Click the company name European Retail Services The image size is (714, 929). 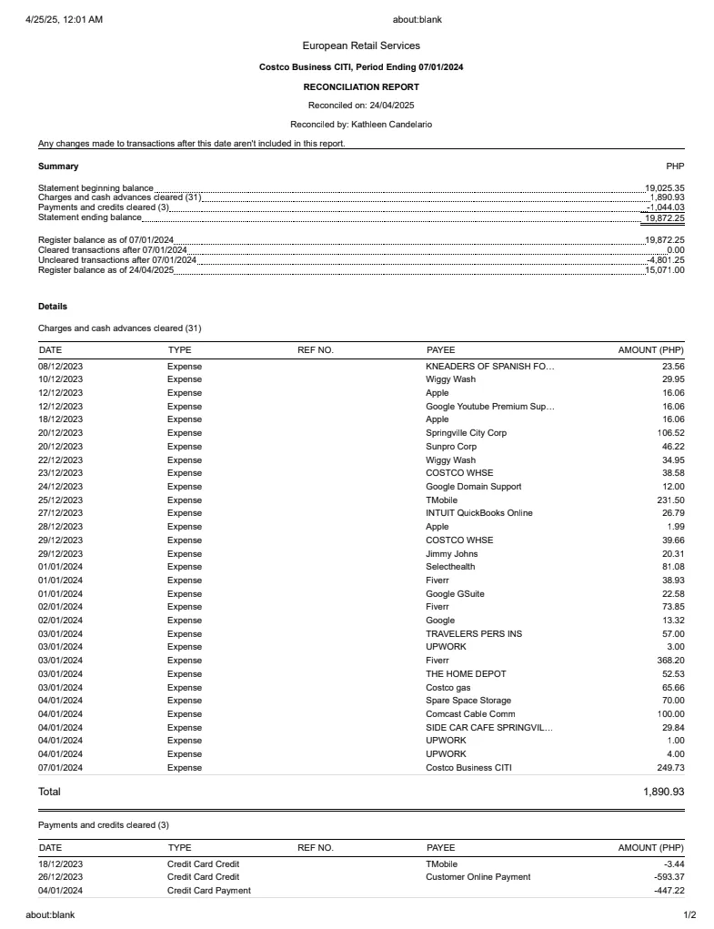pos(361,45)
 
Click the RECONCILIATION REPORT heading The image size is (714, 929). pos(361,87)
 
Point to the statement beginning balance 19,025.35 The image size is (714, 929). pos(664,188)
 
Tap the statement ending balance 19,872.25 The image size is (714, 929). pos(664,217)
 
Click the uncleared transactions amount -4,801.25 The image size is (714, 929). pos(665,260)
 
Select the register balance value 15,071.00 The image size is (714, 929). pos(665,270)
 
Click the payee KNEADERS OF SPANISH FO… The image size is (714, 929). pos(489,366)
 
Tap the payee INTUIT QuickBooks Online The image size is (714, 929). pos(479,513)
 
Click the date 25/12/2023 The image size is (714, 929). pos(60,500)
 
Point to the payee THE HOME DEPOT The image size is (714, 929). pos(466,674)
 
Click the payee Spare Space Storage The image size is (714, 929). pos(468,701)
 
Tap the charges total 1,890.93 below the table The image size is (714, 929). pos(663,792)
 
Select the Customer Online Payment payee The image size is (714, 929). pos(478,877)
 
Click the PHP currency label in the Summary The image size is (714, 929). pos(675,167)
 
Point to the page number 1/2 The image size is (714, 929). pos(689,915)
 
